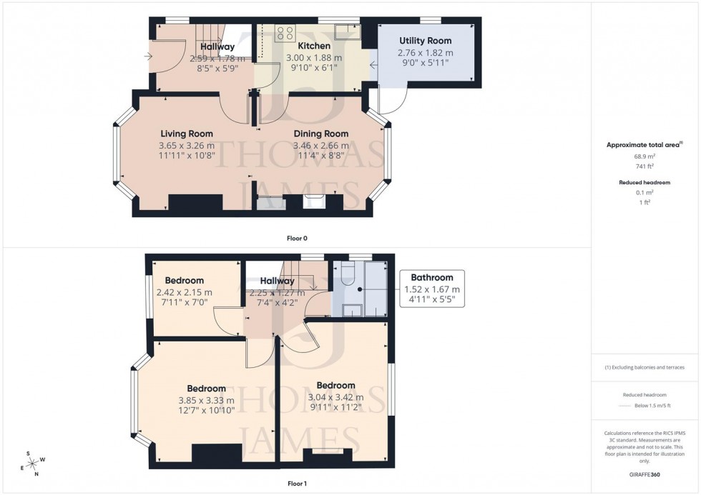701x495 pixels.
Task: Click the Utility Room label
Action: coord(425,41)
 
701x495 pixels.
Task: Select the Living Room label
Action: coord(186,134)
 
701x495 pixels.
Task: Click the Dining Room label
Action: coord(321,134)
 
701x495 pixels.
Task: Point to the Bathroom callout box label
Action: coord(431,278)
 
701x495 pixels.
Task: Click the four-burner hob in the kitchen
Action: coord(285,32)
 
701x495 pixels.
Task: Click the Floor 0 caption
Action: coord(297,238)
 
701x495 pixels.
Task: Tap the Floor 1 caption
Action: coord(297,484)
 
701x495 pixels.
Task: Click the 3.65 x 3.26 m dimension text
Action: coord(186,145)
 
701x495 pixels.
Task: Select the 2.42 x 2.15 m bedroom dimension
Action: coord(185,292)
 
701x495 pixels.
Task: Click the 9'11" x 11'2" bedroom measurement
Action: coord(335,408)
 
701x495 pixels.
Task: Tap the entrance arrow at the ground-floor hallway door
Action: coord(148,56)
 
